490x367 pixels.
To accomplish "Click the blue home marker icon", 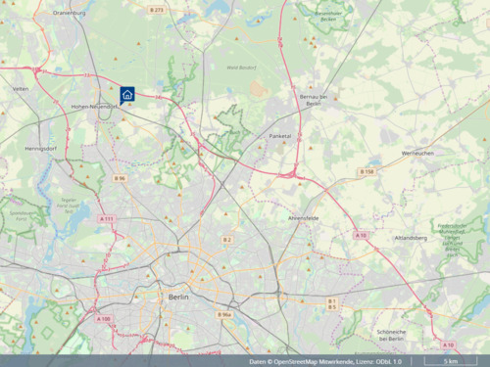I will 127,94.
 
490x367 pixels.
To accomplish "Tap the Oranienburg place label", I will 70,14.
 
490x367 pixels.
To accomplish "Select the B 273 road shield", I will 157,10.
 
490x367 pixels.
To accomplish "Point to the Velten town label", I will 20,88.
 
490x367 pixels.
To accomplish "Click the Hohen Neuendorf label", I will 94,106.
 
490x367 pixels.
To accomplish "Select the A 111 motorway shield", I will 107,218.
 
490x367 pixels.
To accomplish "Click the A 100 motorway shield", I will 104,319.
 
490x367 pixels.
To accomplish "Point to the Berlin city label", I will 177,295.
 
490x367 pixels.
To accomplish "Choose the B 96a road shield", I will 224,315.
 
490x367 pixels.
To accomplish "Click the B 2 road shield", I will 227,240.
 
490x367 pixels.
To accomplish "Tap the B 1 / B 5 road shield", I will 332,303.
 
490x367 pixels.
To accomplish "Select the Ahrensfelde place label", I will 303,217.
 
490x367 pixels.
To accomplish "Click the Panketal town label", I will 280,137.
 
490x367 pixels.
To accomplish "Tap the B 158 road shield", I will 367,172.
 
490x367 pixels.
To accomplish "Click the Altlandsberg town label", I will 410,238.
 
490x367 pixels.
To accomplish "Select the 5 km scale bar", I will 450,361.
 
